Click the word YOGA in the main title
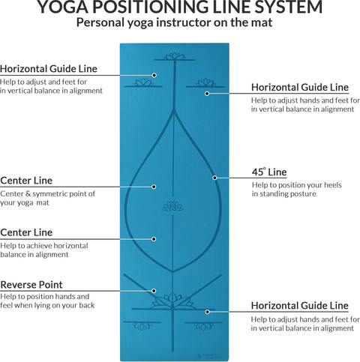click(63, 7)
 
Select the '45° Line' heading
click(269, 172)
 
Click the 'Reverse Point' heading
click(31, 285)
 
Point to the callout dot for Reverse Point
click(154, 291)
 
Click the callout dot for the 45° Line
click(214, 178)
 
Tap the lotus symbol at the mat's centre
click(172, 206)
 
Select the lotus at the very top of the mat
click(175, 56)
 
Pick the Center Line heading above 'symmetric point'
click(26, 181)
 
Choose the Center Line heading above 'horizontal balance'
click(26, 232)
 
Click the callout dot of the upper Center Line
click(154, 187)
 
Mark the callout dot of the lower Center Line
click(154, 239)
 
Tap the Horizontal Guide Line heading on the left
click(49, 69)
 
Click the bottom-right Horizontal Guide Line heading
click(300, 306)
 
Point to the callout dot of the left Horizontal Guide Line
click(154, 75)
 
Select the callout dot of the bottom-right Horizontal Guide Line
click(207, 312)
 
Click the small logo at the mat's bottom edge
click(209, 356)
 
